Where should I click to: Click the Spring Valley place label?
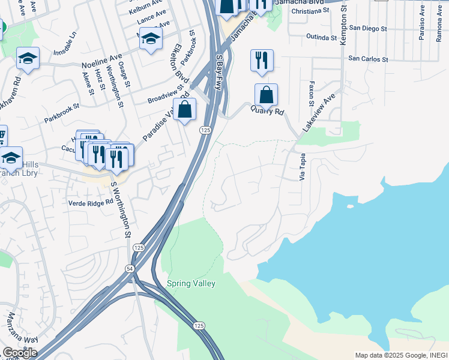pyautogui.click(x=191, y=283)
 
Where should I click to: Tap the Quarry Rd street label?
pyautogui.click(x=267, y=111)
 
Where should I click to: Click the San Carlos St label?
pyautogui.click(x=368, y=59)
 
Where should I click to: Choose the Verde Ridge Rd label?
pyautogui.click(x=91, y=203)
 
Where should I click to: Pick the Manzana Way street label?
pyautogui.click(x=16, y=328)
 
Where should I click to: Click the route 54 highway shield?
pyautogui.click(x=131, y=268)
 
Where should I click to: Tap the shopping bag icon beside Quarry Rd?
pyautogui.click(x=266, y=95)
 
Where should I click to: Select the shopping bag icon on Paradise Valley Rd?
pyautogui.click(x=185, y=109)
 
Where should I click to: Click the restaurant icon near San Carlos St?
pyautogui.click(x=261, y=61)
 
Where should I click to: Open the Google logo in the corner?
pyautogui.click(x=20, y=352)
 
